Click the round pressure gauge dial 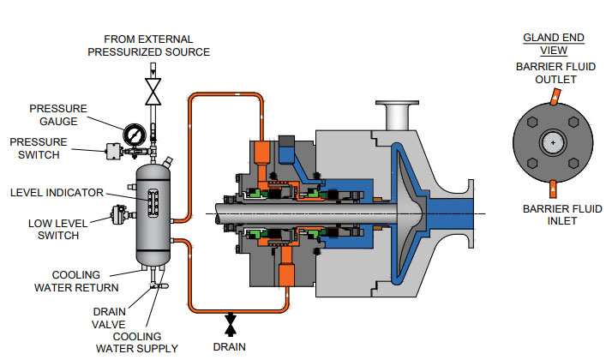click(134, 135)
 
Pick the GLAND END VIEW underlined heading click(554, 44)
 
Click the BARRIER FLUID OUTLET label click(553, 73)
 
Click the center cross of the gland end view click(555, 141)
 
